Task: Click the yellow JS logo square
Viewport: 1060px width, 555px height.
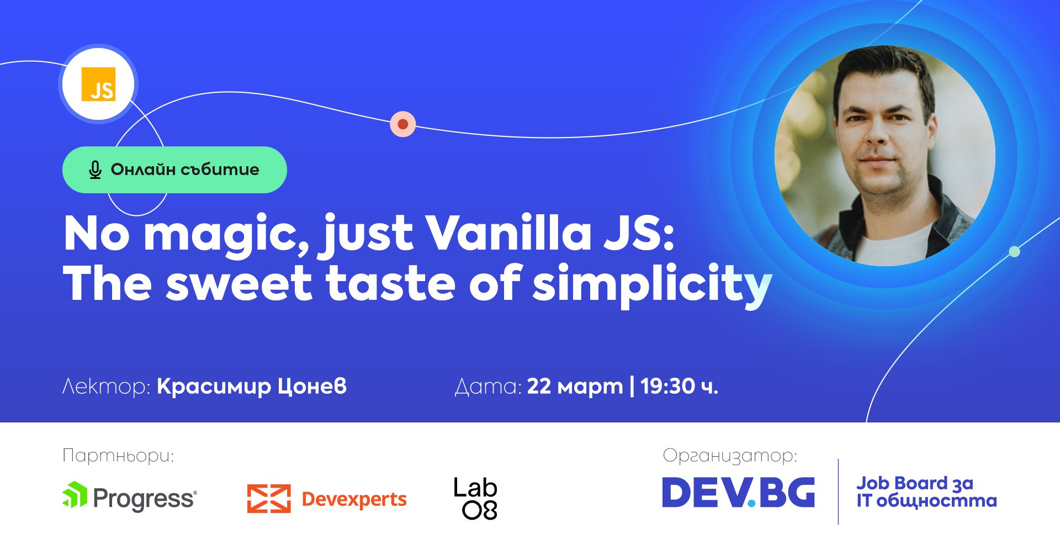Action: (98, 84)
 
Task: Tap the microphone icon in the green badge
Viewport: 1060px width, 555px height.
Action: (95, 170)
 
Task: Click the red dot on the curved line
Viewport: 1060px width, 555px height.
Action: (403, 124)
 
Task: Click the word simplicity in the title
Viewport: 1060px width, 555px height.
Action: (651, 284)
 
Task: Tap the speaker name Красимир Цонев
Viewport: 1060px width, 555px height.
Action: (252, 386)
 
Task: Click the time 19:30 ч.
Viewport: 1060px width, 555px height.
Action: (679, 386)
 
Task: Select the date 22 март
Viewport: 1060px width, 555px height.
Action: (575, 386)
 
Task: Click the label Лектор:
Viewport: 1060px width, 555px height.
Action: (106, 386)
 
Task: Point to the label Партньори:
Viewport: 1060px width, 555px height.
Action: (118, 456)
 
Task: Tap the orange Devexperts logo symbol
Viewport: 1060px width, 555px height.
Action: (269, 498)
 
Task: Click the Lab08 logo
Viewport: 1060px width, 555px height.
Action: (475, 498)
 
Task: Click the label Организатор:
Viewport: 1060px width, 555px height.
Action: (730, 456)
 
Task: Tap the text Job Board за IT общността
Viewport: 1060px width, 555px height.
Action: (926, 491)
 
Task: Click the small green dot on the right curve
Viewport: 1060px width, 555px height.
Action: (1014, 252)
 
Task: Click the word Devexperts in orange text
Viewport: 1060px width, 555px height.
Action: (354, 499)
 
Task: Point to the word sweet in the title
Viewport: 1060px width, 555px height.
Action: (239, 284)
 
